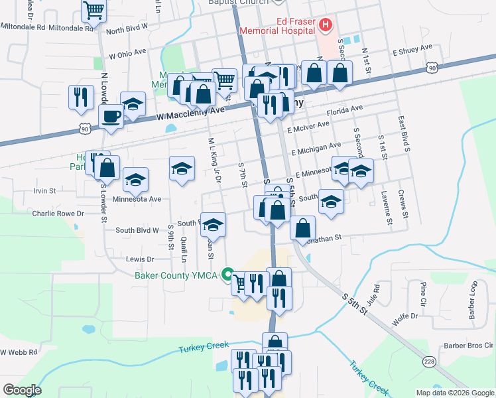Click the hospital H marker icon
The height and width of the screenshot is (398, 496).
(325, 26)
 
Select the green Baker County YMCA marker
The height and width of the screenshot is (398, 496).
(227, 275)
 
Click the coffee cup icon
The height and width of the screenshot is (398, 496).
(111, 117)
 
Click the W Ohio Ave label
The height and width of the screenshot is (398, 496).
(127, 52)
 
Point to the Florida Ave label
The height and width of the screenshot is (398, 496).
(344, 108)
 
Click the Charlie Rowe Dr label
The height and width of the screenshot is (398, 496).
(58, 214)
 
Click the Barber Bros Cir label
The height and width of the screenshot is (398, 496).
(469, 346)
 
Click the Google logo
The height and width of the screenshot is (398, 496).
(22, 390)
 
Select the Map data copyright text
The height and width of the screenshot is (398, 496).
(454, 393)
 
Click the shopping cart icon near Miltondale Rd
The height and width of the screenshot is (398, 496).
(93, 11)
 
